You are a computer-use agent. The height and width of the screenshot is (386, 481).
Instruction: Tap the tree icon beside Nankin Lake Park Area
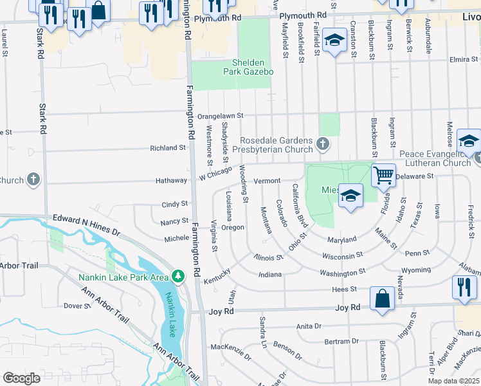click(178, 277)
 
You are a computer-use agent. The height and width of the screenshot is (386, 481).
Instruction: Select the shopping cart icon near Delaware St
click(383, 174)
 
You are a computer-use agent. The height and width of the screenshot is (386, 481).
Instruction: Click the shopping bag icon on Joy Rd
click(382, 299)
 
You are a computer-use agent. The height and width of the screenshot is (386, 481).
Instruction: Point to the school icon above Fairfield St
click(334, 42)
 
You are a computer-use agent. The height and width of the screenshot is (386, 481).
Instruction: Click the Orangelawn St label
click(221, 116)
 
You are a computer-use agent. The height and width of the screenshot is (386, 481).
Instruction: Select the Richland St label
click(167, 148)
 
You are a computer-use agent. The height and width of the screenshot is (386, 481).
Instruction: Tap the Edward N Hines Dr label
click(86, 225)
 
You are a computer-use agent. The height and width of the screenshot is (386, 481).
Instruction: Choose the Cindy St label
click(174, 204)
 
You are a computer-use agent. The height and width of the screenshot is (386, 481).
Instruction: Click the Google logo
click(21, 378)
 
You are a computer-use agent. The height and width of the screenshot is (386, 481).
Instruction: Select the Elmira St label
click(460, 60)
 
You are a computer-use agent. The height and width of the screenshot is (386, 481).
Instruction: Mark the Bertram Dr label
click(341, 341)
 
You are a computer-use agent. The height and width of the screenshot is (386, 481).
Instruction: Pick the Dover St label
click(77, 306)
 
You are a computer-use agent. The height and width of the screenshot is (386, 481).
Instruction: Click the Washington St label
click(343, 273)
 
